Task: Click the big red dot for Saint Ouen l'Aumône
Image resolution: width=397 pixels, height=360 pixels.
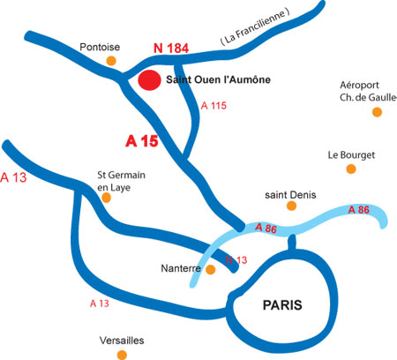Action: click(150, 80)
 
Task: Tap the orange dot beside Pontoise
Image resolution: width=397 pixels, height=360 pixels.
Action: click(111, 61)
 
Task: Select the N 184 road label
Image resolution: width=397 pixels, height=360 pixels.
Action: click(171, 49)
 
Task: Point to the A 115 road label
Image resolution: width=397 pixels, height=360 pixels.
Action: click(213, 106)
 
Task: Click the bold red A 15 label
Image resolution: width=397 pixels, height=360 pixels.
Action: click(142, 141)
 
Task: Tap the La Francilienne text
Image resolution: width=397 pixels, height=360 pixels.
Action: click(255, 26)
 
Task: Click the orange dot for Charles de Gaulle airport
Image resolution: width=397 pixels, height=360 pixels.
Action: click(377, 112)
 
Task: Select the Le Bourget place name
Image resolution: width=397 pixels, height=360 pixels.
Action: click(351, 155)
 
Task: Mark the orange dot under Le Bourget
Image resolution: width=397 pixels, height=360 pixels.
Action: click(351, 169)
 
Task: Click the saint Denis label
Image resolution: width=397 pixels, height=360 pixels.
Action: click(290, 195)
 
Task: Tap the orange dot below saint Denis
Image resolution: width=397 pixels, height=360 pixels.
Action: click(291, 206)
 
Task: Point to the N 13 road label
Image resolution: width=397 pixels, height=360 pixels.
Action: click(236, 260)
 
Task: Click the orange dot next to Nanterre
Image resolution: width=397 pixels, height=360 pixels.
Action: click(210, 269)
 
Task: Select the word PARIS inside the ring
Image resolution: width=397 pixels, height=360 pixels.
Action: click(282, 305)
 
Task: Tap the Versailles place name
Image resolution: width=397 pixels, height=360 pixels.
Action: click(122, 341)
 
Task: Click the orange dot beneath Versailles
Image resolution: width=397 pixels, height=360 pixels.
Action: click(122, 355)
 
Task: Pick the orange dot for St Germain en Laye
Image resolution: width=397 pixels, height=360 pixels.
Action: click(106, 198)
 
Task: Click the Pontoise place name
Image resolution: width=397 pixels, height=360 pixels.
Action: click(100, 47)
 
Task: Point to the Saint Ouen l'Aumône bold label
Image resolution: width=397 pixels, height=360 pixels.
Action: click(219, 79)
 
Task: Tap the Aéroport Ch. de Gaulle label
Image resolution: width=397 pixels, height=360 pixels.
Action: click(368, 91)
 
